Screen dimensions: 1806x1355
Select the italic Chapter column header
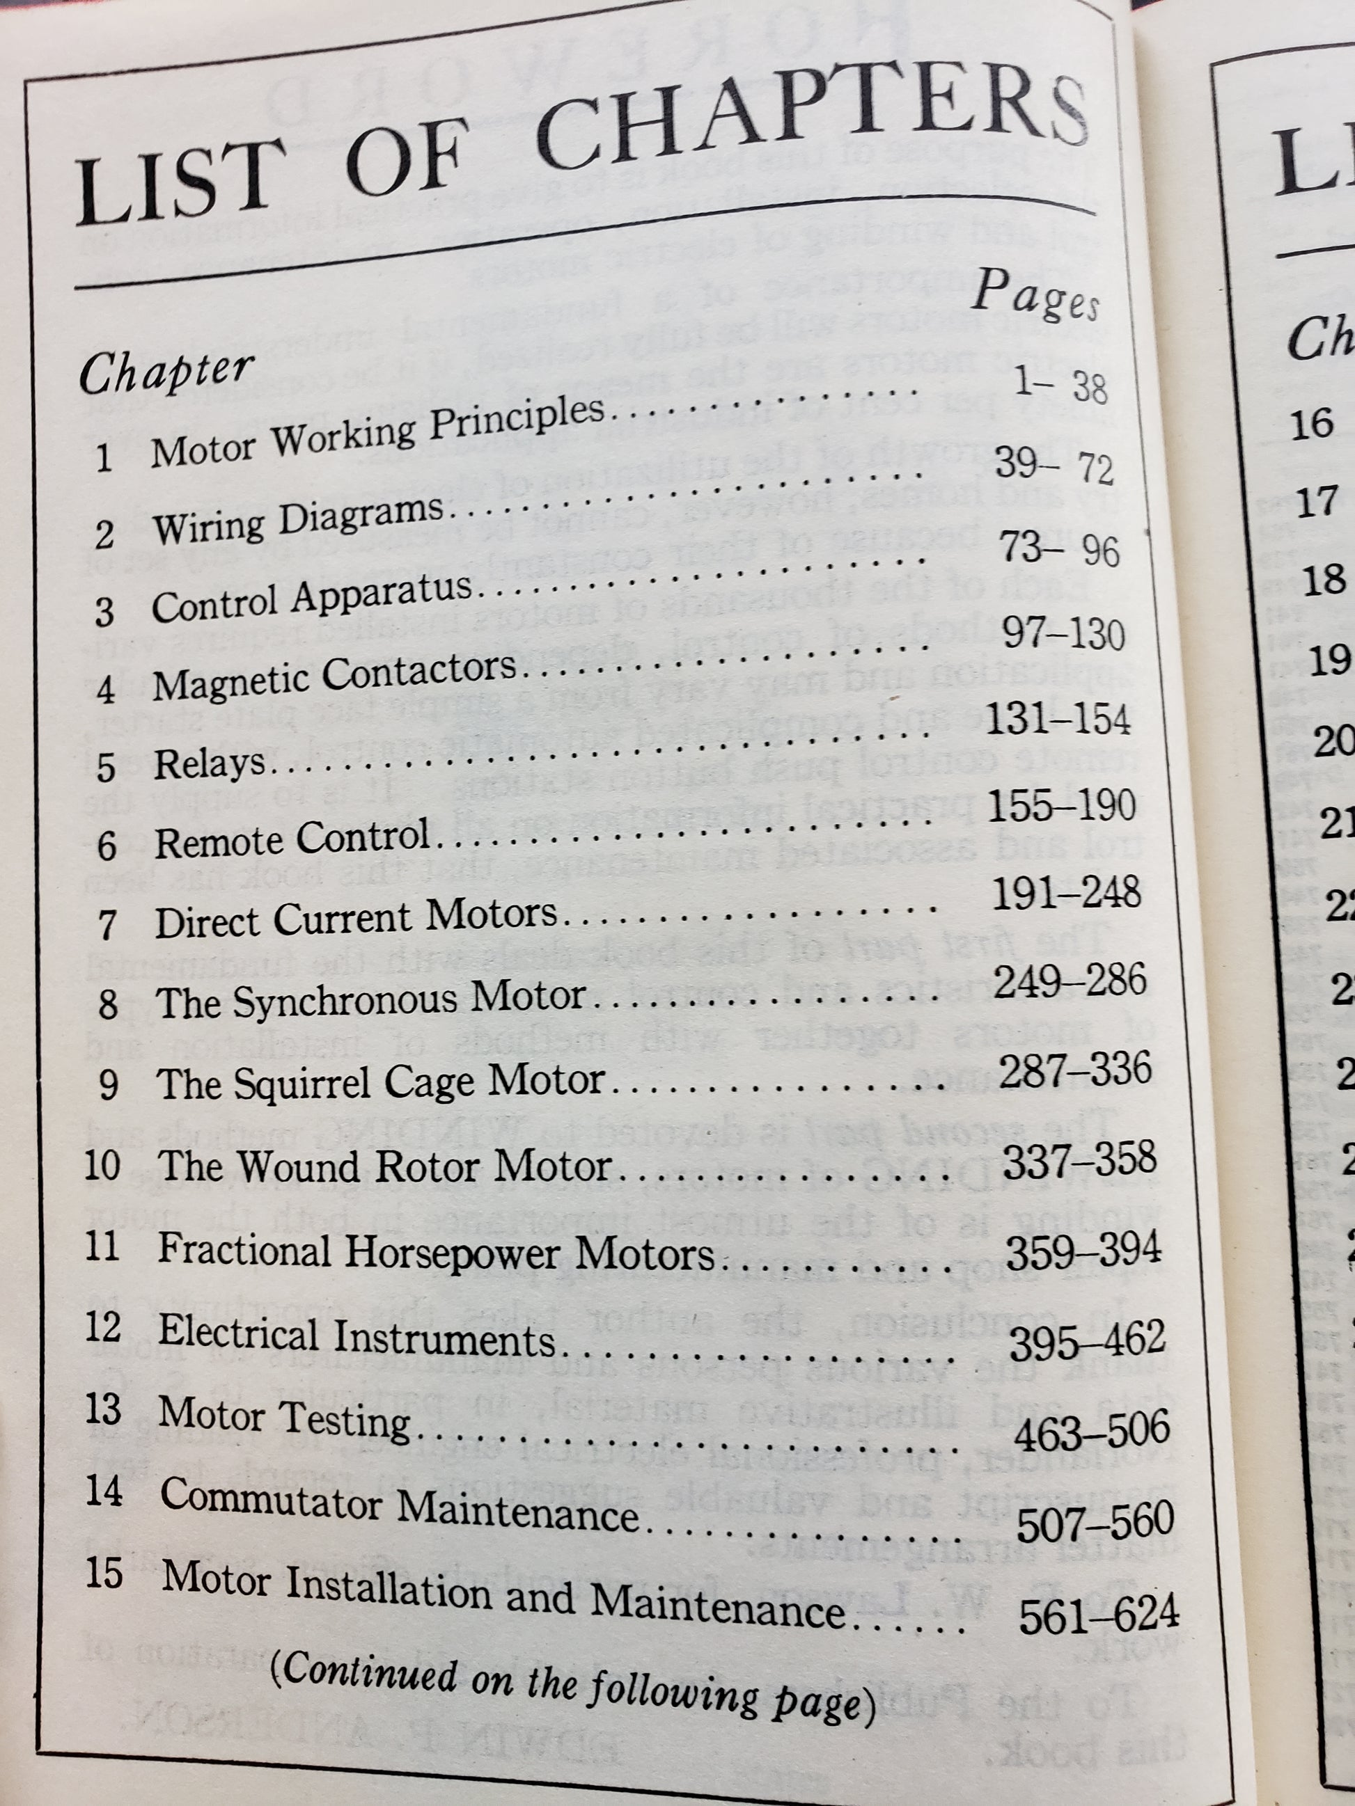click(x=166, y=372)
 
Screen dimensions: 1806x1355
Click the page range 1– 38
click(x=1060, y=385)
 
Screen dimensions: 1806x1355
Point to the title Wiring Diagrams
click(x=297, y=520)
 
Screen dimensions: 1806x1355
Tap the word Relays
click(x=210, y=763)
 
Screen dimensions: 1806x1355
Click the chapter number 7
click(x=107, y=926)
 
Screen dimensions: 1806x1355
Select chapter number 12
click(x=103, y=1328)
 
